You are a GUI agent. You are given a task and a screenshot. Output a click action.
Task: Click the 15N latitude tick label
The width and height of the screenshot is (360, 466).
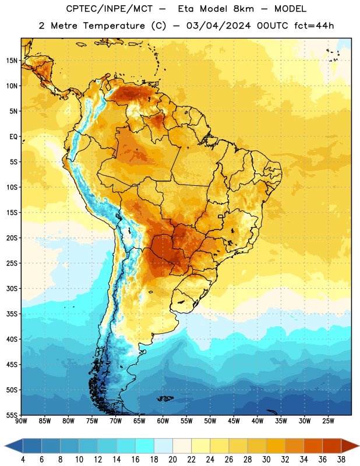tap(12, 61)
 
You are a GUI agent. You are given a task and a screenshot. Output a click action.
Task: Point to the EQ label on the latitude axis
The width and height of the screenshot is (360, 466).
tap(13, 137)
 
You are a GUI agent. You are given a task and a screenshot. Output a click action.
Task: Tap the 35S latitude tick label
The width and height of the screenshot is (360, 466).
tap(12, 314)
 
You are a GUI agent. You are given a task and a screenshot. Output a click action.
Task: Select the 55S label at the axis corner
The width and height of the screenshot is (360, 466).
tap(12, 415)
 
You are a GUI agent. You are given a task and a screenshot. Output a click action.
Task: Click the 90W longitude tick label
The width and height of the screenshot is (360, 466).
tap(21, 421)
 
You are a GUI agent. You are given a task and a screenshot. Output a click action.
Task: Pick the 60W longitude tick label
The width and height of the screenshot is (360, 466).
tap(163, 421)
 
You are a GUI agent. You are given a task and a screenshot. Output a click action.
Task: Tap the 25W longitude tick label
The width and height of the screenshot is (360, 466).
tap(328, 421)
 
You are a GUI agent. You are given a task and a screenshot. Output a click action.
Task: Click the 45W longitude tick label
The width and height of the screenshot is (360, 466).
tap(234, 421)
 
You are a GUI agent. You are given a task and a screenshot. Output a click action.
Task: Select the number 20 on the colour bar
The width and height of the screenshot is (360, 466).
tap(172, 460)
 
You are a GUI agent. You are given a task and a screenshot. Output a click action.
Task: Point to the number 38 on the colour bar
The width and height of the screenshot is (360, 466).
tap(341, 460)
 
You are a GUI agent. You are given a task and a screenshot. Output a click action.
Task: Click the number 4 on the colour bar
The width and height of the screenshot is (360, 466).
tap(23, 460)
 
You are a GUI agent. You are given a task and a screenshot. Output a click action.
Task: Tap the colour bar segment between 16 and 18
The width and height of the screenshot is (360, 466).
tap(145, 446)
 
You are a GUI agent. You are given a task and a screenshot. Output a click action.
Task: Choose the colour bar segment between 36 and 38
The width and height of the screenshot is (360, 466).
tap(332, 446)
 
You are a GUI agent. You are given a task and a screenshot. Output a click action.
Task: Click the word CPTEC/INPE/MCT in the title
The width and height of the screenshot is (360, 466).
tap(110, 9)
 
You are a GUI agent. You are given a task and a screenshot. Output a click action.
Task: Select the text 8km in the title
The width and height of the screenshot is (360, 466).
tap(243, 9)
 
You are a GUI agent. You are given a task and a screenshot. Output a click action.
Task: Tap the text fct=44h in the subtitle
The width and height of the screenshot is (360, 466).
tap(314, 26)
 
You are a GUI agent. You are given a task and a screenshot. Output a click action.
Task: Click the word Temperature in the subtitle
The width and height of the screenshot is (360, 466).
tap(114, 26)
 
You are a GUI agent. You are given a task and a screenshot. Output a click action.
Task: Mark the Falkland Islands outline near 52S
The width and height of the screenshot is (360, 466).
tap(165, 398)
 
